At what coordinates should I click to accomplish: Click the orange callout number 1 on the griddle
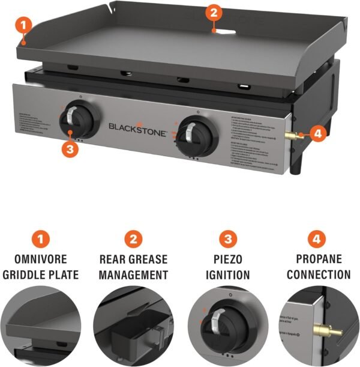22,25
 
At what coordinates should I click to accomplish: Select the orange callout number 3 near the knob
70,150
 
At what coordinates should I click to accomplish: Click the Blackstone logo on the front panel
137,127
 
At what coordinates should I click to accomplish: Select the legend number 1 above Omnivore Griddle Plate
41,240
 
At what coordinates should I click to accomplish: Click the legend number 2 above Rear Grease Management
133,240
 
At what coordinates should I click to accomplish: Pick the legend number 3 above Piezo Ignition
227,240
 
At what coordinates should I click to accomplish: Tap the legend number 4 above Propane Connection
319,240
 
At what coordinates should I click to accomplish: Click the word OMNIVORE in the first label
41,261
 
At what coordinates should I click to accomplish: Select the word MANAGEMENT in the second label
133,276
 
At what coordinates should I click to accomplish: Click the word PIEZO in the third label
227,261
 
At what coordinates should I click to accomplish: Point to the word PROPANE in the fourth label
319,261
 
